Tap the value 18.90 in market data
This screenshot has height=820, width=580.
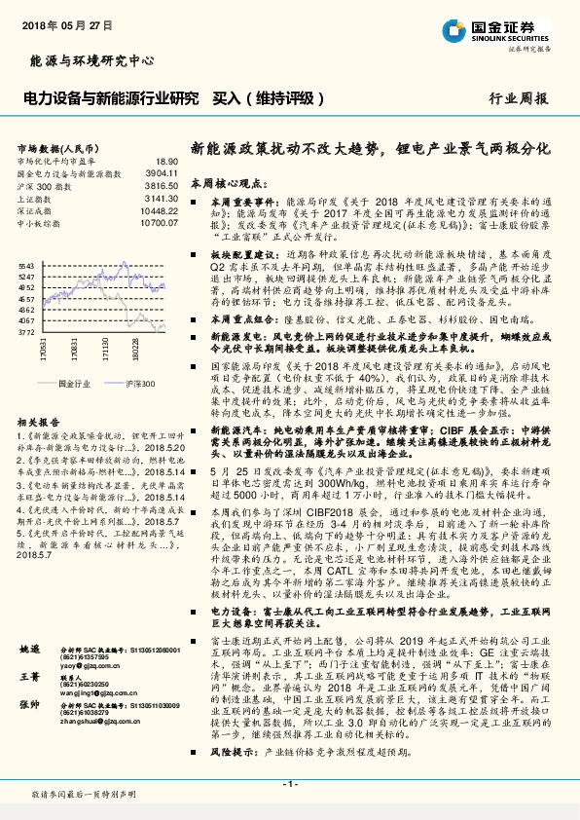tap(166, 161)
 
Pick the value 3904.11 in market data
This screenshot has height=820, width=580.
tap(161, 172)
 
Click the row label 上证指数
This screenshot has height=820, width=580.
tap(37, 197)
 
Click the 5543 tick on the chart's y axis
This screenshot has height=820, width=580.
tap(26, 265)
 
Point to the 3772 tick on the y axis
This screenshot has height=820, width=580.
tap(26, 332)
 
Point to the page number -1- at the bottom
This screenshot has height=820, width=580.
tap(289, 786)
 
